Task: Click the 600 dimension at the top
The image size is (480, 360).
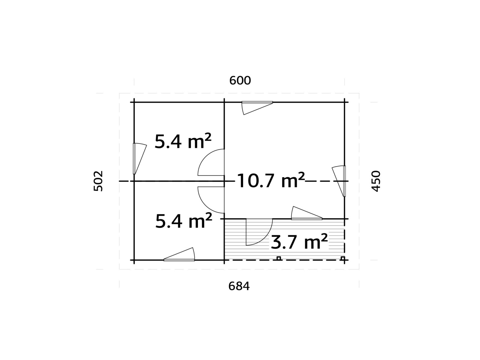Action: (240, 81)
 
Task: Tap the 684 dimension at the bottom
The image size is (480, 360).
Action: (239, 286)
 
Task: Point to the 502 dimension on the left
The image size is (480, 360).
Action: (98, 181)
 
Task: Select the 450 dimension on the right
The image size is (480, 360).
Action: (376, 181)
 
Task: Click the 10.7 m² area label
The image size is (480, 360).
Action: (271, 181)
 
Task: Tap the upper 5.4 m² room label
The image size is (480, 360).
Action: (183, 141)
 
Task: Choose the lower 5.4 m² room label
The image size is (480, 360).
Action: (184, 221)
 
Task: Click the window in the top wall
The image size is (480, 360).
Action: (257, 103)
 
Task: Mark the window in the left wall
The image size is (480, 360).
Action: (134, 159)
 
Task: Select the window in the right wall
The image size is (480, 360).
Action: (344, 181)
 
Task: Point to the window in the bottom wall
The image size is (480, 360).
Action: (179, 259)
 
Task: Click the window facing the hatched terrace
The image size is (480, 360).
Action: (307, 218)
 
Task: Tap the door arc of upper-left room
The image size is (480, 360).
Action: (210, 162)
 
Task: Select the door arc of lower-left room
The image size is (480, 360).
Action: (210, 200)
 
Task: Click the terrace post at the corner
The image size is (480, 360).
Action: (343, 258)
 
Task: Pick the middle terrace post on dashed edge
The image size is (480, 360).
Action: (279, 258)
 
